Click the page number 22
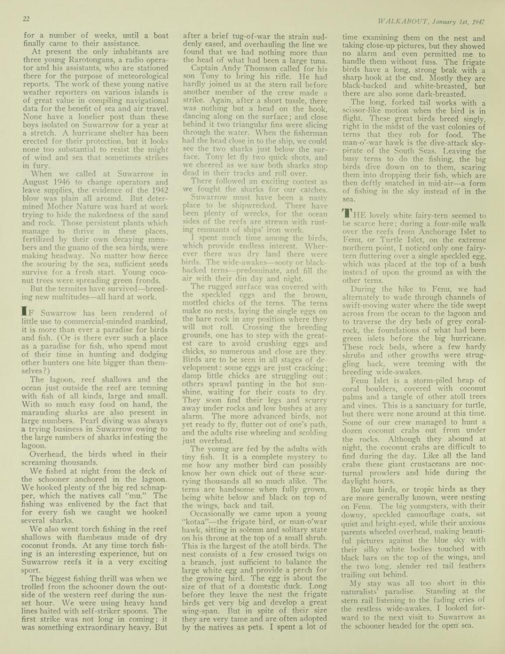(x=26, y=19)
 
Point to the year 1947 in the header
(x=477, y=22)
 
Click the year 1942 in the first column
(x=158, y=190)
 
